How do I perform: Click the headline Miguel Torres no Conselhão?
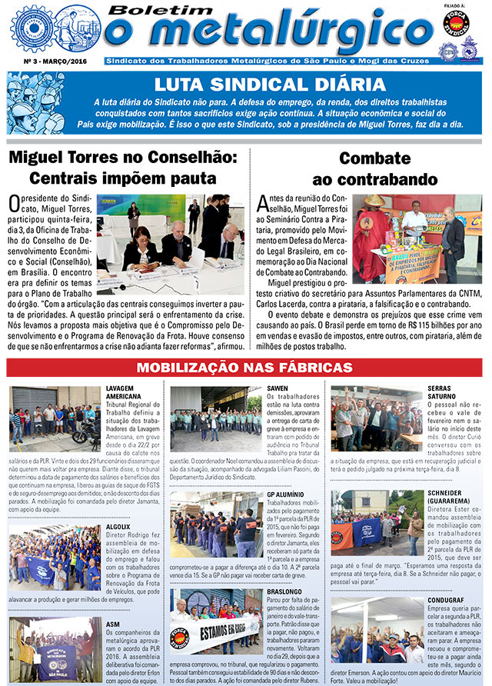(122, 168)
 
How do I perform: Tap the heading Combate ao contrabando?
(374, 168)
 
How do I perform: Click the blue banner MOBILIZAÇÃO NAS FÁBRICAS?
(246, 368)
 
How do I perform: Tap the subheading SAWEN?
(278, 387)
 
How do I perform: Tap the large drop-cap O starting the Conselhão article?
(15, 205)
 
